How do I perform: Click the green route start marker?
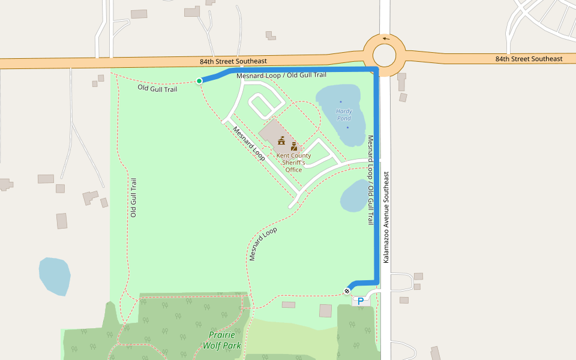(x=199, y=81)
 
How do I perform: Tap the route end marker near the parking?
(x=347, y=291)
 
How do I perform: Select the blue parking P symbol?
(x=361, y=301)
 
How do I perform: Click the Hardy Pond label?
(x=344, y=115)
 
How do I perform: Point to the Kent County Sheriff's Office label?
(x=293, y=163)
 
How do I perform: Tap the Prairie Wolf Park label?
(x=221, y=340)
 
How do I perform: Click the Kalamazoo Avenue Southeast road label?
(x=386, y=217)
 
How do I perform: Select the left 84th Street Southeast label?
(x=233, y=61)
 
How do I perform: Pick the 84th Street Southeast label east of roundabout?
(x=529, y=59)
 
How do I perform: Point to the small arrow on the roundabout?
(x=385, y=39)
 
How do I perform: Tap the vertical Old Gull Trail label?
(x=134, y=197)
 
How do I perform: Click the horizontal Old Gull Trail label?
(x=157, y=89)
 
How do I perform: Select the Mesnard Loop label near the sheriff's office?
(x=249, y=144)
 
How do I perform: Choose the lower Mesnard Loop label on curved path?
(x=262, y=244)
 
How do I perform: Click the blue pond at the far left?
(x=54, y=276)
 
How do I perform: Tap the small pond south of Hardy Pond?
(x=354, y=196)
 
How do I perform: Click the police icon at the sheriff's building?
(x=293, y=146)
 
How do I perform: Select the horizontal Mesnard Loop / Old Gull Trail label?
(x=281, y=76)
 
